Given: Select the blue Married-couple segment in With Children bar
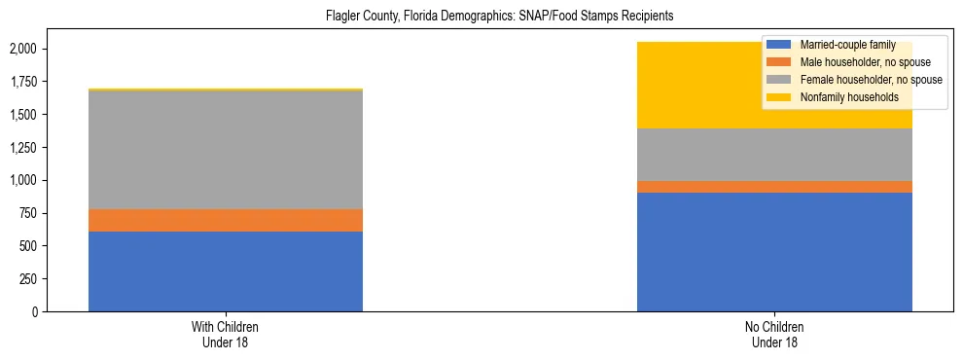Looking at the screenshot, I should (x=226, y=271).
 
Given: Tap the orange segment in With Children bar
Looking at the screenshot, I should (x=226, y=221).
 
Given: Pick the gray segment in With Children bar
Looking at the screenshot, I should (x=226, y=150).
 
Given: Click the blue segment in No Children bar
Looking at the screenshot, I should (x=774, y=252).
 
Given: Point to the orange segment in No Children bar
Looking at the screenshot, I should (x=774, y=187).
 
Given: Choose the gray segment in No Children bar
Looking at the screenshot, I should (x=774, y=155).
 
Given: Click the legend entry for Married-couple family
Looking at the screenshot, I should (x=842, y=45).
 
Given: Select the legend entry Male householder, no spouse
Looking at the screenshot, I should (x=855, y=62).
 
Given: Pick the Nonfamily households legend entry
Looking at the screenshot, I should (x=842, y=97).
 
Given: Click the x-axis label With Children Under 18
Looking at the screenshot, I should (x=226, y=335).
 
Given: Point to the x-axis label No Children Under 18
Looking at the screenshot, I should (x=774, y=335).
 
